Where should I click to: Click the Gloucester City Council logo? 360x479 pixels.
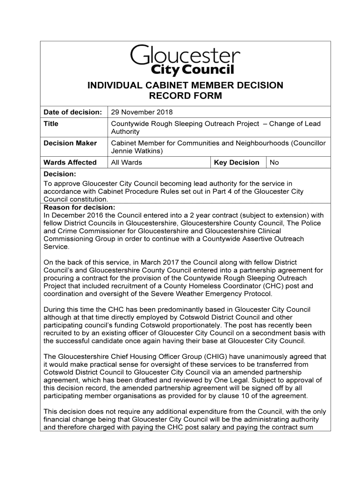(x=185, y=60)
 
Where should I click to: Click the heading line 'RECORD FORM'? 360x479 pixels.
(x=185, y=96)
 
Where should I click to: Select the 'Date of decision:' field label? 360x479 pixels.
(x=72, y=112)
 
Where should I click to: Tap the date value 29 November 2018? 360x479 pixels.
(x=142, y=112)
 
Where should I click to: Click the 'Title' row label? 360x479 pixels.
(x=51, y=123)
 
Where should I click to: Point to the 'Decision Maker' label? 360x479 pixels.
(x=70, y=143)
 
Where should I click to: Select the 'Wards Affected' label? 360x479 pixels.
(x=70, y=162)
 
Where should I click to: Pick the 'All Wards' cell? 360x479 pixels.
(x=126, y=162)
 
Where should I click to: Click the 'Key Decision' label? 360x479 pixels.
(x=237, y=162)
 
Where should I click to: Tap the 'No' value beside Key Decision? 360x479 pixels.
(x=274, y=162)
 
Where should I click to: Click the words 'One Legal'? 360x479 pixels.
(x=261, y=380)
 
